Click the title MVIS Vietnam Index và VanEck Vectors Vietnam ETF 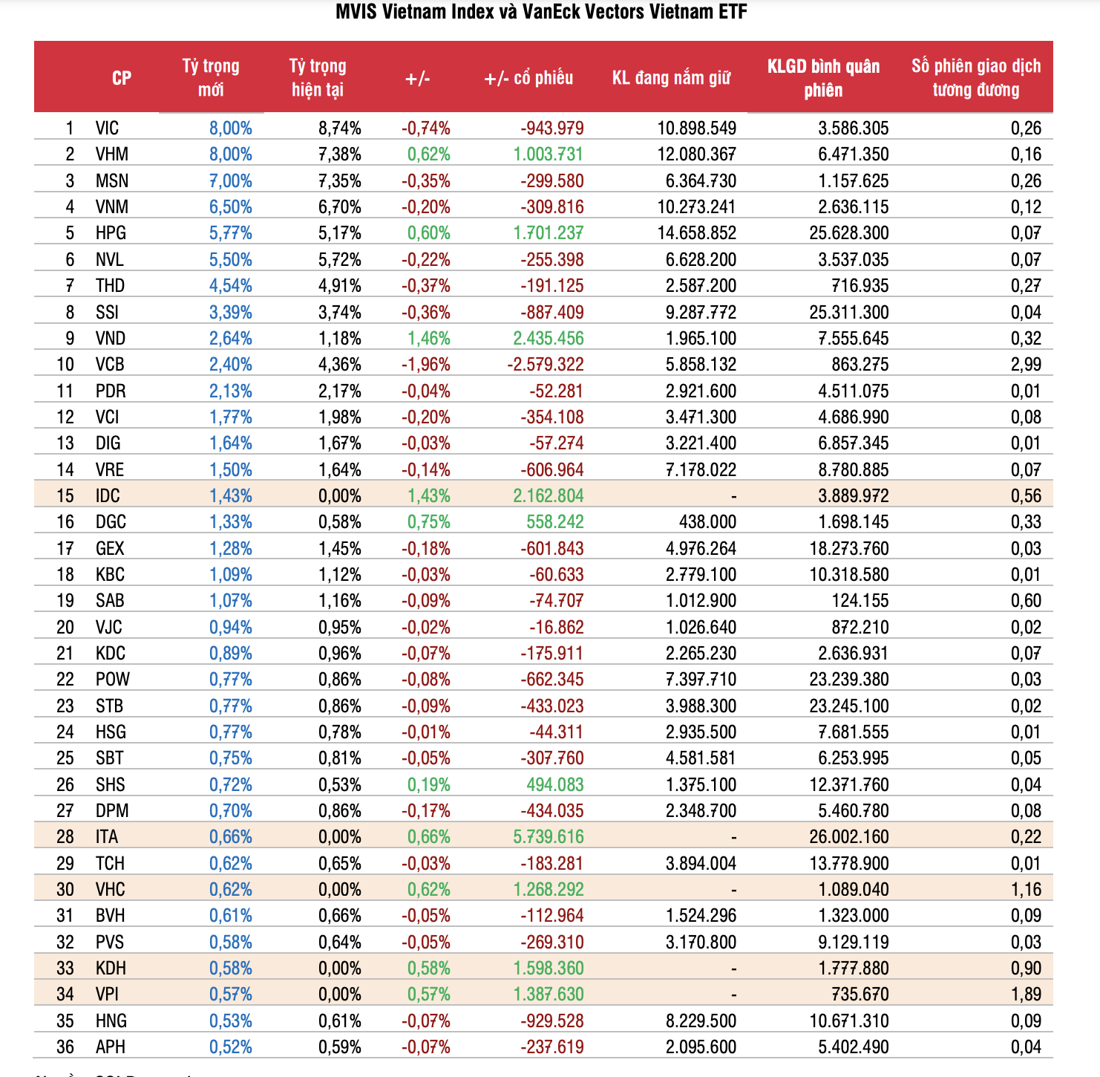tap(541, 12)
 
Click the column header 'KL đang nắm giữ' tap(671, 78)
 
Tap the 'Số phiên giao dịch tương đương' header tap(975, 78)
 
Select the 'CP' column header tap(122, 78)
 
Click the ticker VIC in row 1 tap(107, 128)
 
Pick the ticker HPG tap(111, 233)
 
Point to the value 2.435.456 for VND tap(548, 339)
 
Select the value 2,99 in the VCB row tap(1026, 365)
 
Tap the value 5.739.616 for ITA tap(548, 837)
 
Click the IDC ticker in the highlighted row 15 tap(108, 496)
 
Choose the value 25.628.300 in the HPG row tap(848, 233)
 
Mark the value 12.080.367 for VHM tap(696, 154)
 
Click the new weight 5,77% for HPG tap(230, 233)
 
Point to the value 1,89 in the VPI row tap(1026, 995)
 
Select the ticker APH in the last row tap(111, 1047)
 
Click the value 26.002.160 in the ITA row tap(848, 837)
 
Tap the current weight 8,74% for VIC tap(339, 128)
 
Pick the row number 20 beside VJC tap(65, 628)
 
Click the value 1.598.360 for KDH tap(548, 969)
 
